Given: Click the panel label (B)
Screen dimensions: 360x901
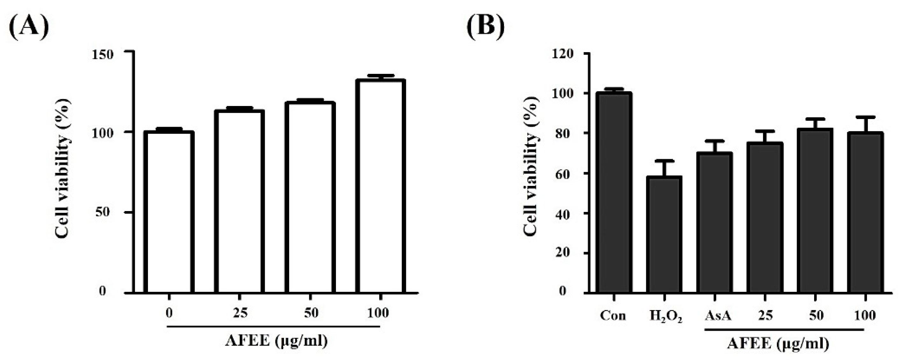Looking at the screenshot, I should (x=486, y=26).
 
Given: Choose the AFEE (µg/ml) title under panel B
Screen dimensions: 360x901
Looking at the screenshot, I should (x=778, y=343).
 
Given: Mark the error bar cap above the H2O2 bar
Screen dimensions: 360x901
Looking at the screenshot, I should (x=664, y=161).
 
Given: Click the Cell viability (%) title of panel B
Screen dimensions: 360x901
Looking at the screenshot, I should (x=531, y=166).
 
